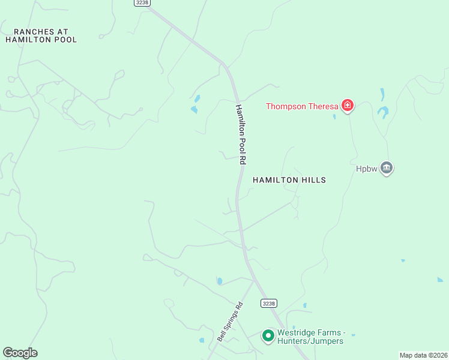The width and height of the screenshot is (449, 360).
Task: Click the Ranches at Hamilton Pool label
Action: coord(41,35)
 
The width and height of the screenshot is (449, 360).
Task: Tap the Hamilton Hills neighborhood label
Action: coord(289,180)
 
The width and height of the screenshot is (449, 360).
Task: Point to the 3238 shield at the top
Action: coord(141,2)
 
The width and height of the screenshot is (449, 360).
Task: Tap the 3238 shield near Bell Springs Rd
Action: coord(269,304)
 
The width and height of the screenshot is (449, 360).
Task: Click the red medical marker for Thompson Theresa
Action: coord(347,106)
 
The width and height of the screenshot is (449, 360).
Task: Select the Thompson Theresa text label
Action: coord(302,107)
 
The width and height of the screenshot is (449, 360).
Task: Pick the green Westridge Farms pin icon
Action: coord(268,335)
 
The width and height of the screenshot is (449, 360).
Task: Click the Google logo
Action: coord(20,353)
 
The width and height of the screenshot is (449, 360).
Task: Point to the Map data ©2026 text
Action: coord(423,355)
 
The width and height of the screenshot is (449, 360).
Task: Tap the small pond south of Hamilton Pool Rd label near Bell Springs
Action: coord(220,281)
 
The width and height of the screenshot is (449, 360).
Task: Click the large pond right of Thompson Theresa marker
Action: coord(382,111)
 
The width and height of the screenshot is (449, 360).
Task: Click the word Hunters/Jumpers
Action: coord(310,341)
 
